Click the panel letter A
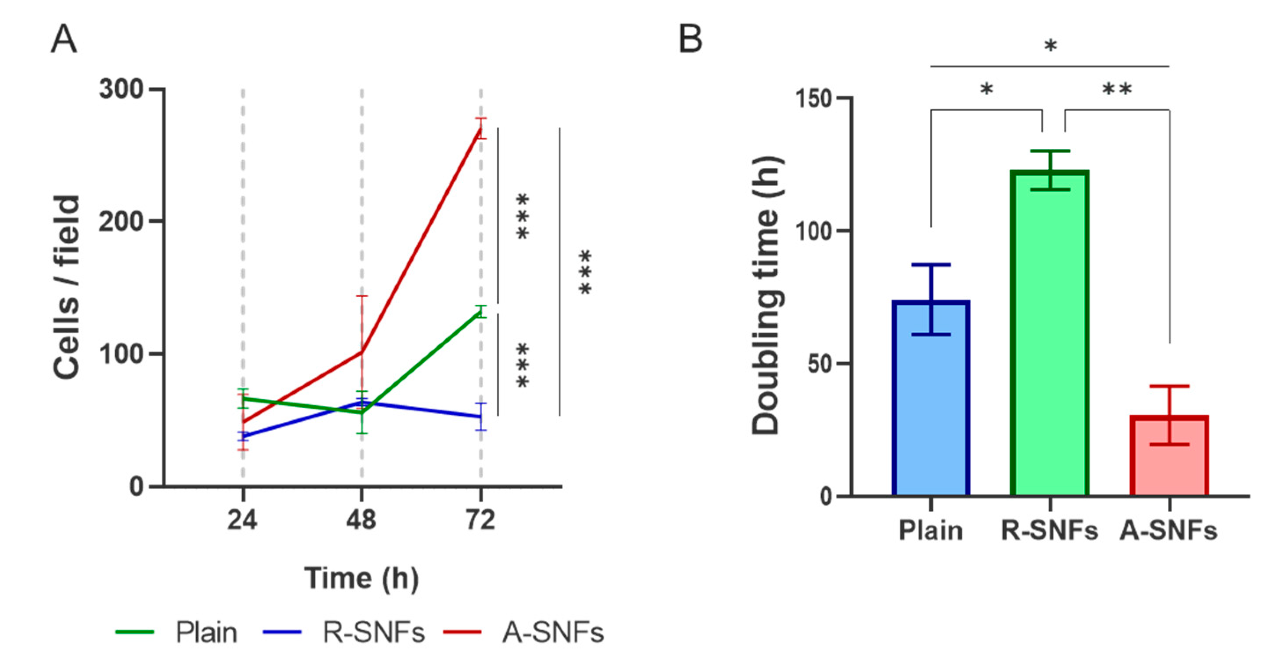click(64, 40)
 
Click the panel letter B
click(690, 40)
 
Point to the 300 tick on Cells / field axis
click(121, 89)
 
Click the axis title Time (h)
click(362, 578)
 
